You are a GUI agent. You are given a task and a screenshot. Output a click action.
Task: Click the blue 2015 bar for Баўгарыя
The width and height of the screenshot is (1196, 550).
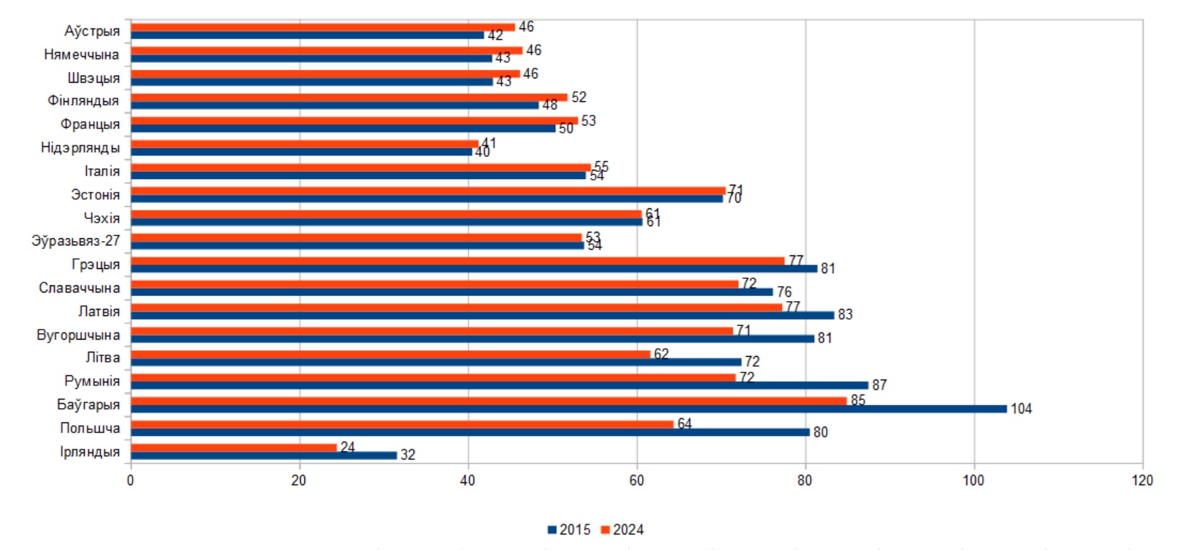click(568, 409)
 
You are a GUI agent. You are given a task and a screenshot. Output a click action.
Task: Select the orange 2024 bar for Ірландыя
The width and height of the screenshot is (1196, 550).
click(233, 447)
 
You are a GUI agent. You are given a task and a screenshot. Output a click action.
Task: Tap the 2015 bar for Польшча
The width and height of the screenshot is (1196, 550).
click(470, 432)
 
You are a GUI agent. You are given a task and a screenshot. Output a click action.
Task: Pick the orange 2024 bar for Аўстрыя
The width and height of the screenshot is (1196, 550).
click(322, 27)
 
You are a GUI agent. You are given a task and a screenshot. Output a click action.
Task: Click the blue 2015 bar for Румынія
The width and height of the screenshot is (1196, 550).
click(499, 385)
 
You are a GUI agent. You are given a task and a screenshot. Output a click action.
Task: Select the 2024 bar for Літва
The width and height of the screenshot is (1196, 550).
click(390, 354)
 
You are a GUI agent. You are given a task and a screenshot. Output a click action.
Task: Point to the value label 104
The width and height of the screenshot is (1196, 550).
click(1021, 409)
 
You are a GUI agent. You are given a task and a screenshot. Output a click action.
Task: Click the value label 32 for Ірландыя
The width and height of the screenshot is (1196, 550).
click(408, 455)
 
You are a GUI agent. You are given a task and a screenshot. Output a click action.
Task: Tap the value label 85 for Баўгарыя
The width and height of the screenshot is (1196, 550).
click(857, 400)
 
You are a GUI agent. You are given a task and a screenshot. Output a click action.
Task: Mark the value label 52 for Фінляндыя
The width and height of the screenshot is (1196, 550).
click(579, 97)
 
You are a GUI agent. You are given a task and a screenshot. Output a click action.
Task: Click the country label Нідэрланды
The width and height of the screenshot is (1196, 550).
click(80, 148)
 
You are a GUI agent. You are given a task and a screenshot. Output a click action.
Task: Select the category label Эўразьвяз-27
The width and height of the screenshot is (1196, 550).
click(76, 241)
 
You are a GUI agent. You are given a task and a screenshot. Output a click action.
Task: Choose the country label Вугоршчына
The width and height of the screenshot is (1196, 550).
click(78, 335)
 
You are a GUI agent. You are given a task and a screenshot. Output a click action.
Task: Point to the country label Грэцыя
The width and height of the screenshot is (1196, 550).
click(96, 265)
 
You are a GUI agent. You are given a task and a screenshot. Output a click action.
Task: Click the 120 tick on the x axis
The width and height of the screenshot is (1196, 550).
click(1142, 480)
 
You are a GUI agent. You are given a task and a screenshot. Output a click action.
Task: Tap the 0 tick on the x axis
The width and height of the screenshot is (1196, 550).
click(130, 480)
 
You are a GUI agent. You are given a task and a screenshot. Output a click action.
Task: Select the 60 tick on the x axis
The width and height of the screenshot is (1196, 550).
click(636, 480)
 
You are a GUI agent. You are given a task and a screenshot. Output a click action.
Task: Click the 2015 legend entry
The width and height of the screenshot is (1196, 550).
click(569, 529)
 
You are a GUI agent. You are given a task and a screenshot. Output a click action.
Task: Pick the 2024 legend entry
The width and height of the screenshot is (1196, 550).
click(622, 529)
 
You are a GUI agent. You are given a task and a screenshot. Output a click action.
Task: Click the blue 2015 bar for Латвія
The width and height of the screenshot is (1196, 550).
click(482, 315)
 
